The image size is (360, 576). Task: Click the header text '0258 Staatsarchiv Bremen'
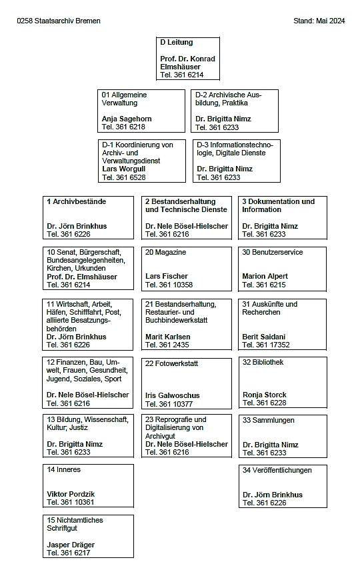[x=59, y=21]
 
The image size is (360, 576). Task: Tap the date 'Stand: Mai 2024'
[x=319, y=21]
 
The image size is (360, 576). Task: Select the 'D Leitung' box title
[x=177, y=43]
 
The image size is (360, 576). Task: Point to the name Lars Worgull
[x=123, y=169]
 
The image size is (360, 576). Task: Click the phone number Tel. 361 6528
[x=123, y=177]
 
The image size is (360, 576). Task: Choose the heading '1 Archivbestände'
[x=76, y=201]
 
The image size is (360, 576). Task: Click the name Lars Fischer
[x=167, y=276]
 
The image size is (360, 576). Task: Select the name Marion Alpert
[x=265, y=276]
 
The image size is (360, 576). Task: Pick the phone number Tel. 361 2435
[x=167, y=345]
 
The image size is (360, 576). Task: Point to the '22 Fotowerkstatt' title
[x=172, y=363]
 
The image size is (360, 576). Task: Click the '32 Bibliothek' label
[x=263, y=362]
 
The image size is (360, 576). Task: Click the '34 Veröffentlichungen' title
[x=277, y=470]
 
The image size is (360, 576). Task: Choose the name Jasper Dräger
[x=70, y=545]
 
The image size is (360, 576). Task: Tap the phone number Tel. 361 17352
[x=266, y=345]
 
